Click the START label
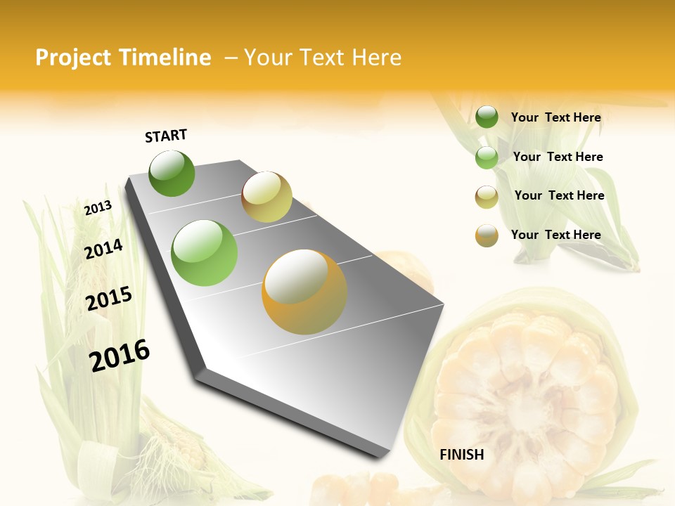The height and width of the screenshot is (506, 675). (166, 136)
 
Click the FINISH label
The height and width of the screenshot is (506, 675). (461, 455)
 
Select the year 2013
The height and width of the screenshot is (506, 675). (98, 208)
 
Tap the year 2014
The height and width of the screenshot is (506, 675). (103, 249)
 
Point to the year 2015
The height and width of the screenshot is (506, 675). (109, 299)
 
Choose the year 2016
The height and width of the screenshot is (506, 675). (120, 355)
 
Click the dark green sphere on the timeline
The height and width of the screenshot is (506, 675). (172, 174)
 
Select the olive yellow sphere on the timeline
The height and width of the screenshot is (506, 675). (266, 197)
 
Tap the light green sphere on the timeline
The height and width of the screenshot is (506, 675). (205, 253)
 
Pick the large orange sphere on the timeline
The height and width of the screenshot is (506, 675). (304, 292)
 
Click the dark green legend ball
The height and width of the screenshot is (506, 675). (487, 117)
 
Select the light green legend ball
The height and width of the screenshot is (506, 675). (487, 157)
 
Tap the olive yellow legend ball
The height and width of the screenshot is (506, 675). (487, 197)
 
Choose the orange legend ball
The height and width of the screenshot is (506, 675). (487, 235)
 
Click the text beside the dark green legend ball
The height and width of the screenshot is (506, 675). (555, 117)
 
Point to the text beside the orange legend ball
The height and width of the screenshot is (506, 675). (555, 235)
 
